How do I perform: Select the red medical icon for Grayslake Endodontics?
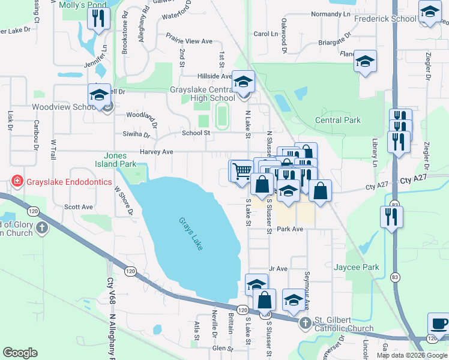[x=17, y=182]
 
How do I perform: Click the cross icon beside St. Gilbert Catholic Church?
[x=304, y=323]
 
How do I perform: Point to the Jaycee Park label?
[x=357, y=267]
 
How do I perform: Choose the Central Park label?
[x=338, y=120]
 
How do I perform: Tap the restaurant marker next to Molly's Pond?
[x=98, y=19]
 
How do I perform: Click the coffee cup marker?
[x=439, y=324]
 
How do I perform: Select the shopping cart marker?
[x=241, y=170]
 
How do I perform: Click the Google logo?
[x=20, y=353]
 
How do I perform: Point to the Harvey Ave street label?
[x=156, y=152]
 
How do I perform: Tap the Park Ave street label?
[x=289, y=229]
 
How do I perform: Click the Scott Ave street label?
[x=79, y=207]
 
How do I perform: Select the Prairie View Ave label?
[x=190, y=41]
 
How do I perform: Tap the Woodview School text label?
[x=61, y=107]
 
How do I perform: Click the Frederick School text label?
[x=385, y=19]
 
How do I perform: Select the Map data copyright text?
[x=412, y=355]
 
